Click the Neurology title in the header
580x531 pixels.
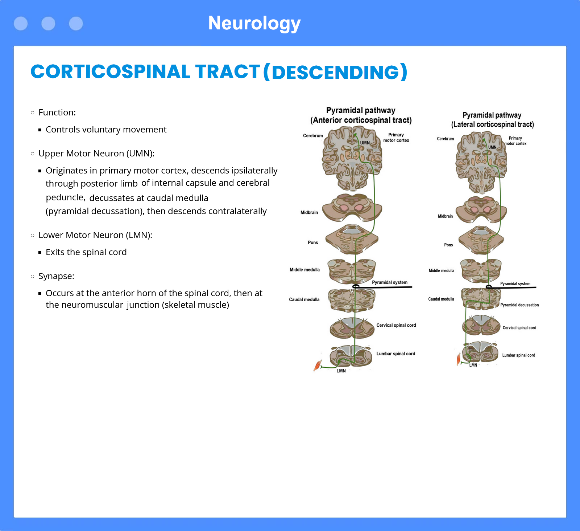click(x=254, y=23)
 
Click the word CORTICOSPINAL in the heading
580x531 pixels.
click(x=110, y=72)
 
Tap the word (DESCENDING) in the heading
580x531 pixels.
click(x=335, y=72)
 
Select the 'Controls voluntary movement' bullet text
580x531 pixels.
click(x=106, y=130)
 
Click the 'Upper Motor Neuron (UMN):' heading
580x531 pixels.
click(x=96, y=154)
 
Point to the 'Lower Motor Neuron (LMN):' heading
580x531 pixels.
click(x=95, y=235)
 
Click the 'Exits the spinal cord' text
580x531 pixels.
click(x=86, y=252)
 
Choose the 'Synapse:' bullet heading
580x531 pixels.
click(x=56, y=276)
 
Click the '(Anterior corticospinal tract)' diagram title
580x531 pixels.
click(x=361, y=120)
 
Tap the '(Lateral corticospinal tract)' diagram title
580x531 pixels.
click(x=493, y=124)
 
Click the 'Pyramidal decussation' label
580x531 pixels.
click(x=519, y=305)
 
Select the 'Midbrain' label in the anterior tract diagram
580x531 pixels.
click(x=309, y=213)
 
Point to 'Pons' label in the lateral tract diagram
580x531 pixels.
click(x=448, y=245)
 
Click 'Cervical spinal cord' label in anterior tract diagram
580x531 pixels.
click(x=396, y=325)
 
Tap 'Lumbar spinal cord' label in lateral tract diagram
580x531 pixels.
click(x=519, y=355)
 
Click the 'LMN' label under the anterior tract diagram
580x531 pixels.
click(x=341, y=371)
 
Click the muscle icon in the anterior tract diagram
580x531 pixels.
click(x=318, y=365)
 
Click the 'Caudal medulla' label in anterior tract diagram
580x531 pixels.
click(x=304, y=299)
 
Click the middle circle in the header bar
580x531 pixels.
click(x=48, y=24)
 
